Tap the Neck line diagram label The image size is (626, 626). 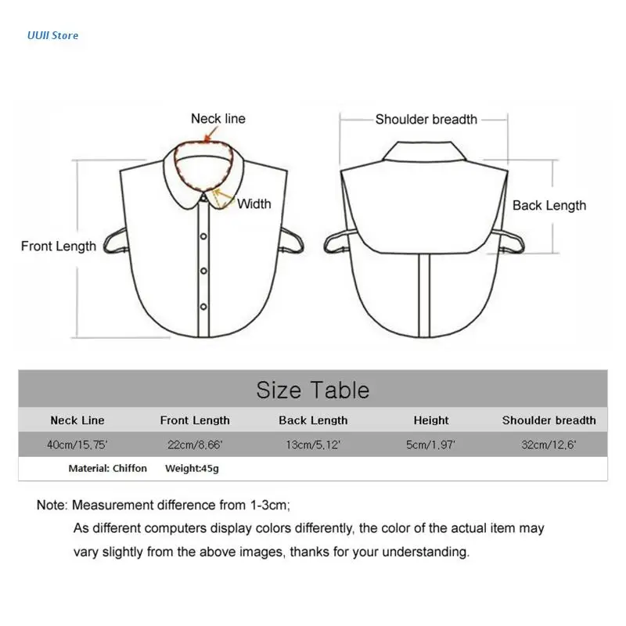tap(218, 119)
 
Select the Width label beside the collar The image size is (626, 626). tap(254, 204)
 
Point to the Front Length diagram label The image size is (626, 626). tap(59, 246)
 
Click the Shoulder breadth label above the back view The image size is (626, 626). tap(426, 120)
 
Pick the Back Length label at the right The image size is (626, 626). tap(549, 206)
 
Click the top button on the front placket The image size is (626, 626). tap(203, 236)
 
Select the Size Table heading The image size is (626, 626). tap(313, 390)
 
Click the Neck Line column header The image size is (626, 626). tap(77, 420)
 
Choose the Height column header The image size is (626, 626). tap(431, 420)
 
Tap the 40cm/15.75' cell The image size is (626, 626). tap(77, 444)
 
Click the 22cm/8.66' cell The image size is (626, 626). tap(195, 444)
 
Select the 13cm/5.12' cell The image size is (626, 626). tap(313, 444)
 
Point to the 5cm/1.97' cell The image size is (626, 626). tap(431, 444)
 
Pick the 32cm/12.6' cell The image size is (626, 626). tap(549, 444)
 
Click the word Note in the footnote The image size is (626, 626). tap(52, 505)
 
